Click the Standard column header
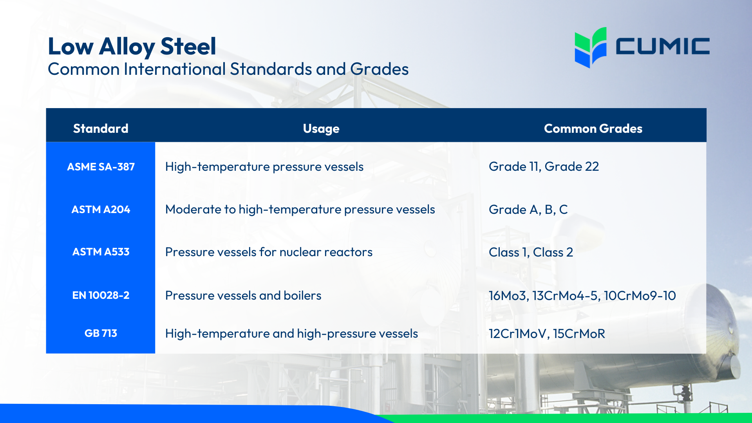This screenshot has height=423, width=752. coord(101,128)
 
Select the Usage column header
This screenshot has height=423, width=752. coord(321,128)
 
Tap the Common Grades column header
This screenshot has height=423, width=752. coord(593,128)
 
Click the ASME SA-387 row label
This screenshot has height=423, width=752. coord(101,167)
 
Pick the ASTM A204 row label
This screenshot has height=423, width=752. coord(101,210)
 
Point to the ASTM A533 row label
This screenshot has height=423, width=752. coord(101,252)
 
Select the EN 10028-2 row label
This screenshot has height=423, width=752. coord(101,295)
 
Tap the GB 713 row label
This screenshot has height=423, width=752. coord(101,333)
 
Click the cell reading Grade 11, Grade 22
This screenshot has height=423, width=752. coord(544,166)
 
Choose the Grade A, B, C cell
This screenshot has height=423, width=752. coord(528,210)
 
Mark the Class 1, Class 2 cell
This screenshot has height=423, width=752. coord(531,252)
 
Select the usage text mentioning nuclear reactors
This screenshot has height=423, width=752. coord(269,252)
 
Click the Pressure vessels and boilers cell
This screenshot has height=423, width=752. coord(243,296)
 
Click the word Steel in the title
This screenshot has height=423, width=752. coord(188,46)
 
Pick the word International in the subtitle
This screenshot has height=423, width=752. coord(175,69)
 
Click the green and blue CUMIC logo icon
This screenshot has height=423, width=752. coord(590,47)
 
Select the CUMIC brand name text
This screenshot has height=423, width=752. coord(662,46)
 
